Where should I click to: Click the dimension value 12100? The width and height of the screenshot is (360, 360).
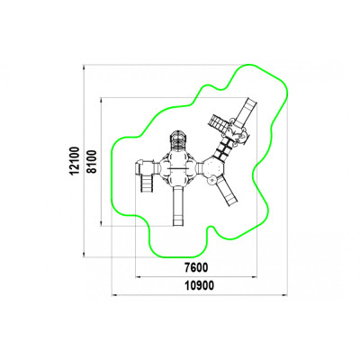click(x=74, y=160)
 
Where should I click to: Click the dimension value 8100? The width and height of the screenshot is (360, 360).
click(x=92, y=161)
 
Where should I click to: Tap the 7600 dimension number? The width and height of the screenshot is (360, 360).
click(x=196, y=267)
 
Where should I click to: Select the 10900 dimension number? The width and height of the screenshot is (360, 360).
click(x=199, y=285)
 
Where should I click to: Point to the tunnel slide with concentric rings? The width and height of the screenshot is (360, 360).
click(x=179, y=140)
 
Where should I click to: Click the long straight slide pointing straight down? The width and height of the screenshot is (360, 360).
click(x=178, y=206)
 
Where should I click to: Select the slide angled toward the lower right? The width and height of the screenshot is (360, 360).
click(x=227, y=191)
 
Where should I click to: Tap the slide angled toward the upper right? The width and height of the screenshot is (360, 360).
click(x=247, y=110)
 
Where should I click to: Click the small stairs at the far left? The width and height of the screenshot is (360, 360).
click(x=147, y=183)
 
